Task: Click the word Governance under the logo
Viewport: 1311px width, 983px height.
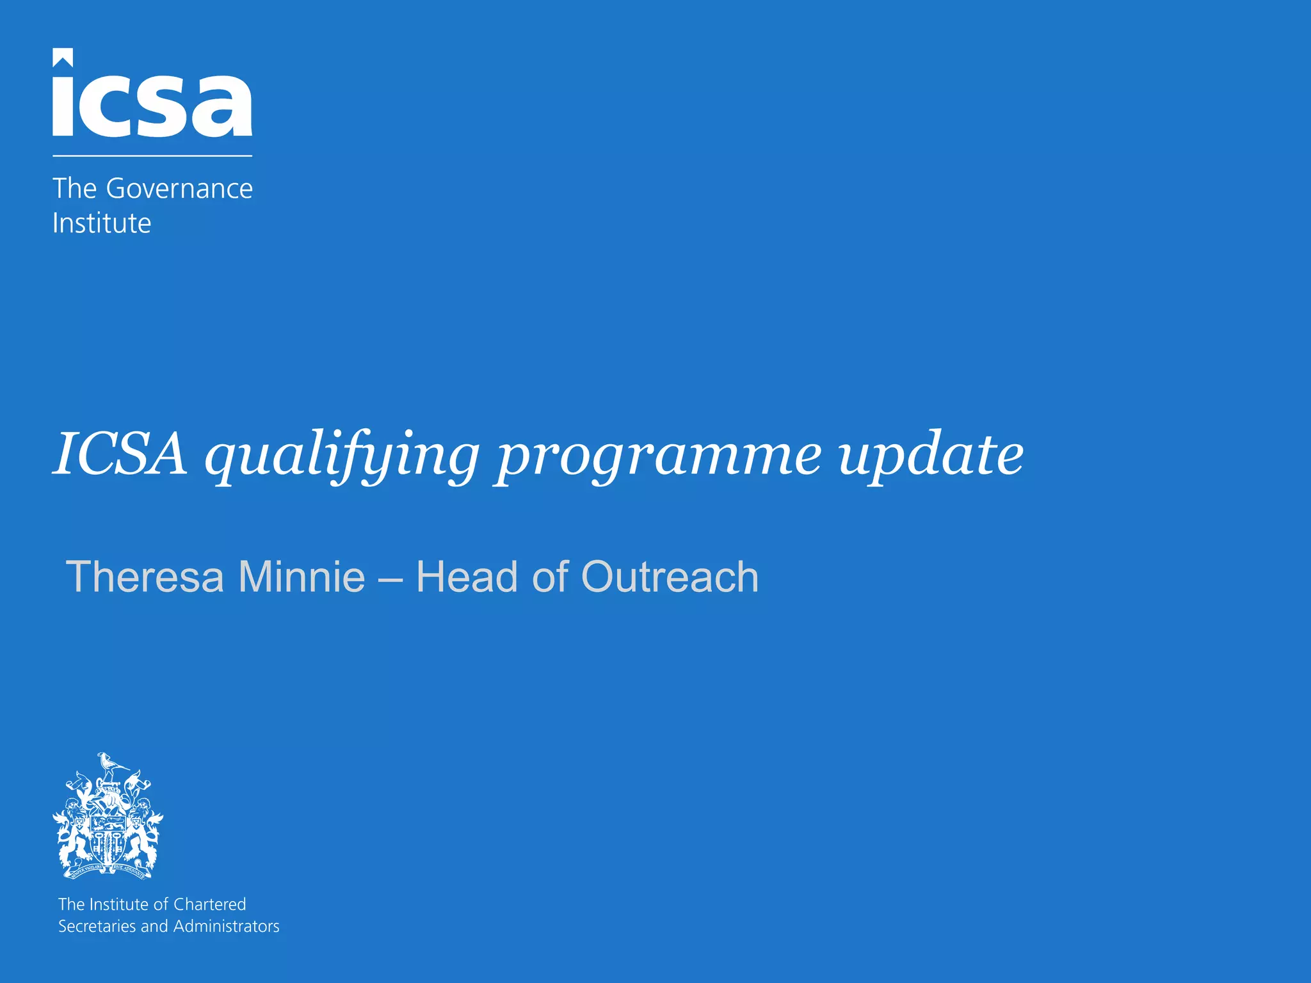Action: [x=179, y=189]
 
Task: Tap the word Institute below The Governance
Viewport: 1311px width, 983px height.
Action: [x=102, y=223]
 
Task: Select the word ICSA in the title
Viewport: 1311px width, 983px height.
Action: [x=120, y=454]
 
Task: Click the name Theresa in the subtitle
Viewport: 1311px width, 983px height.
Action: [x=145, y=577]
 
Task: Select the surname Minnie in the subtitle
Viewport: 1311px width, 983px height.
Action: [x=302, y=577]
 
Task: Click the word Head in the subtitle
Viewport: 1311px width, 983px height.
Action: [x=467, y=577]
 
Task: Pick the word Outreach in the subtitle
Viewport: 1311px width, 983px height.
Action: [x=670, y=577]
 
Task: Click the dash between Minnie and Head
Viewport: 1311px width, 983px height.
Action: [x=390, y=578]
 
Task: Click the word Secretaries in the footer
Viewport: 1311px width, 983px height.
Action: [x=97, y=926]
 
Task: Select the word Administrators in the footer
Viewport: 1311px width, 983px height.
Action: [x=226, y=926]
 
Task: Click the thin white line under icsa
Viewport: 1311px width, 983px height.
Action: [x=152, y=156]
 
